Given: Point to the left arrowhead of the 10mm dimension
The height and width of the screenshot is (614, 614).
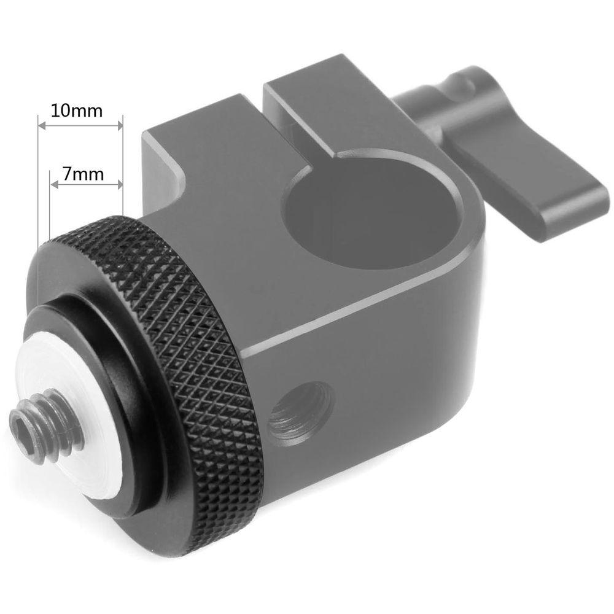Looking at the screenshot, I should click(42, 126).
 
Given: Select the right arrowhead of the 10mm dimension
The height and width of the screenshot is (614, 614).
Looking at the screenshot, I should click(119, 126).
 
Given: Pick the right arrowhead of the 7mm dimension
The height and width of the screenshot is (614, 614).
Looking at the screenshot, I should click(119, 184).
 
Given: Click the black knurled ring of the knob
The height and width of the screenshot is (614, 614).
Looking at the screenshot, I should click(203, 344).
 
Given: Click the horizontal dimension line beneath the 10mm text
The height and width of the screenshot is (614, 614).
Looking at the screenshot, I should click(80, 126).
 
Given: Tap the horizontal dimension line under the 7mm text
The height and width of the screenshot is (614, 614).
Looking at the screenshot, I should click(86, 184).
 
